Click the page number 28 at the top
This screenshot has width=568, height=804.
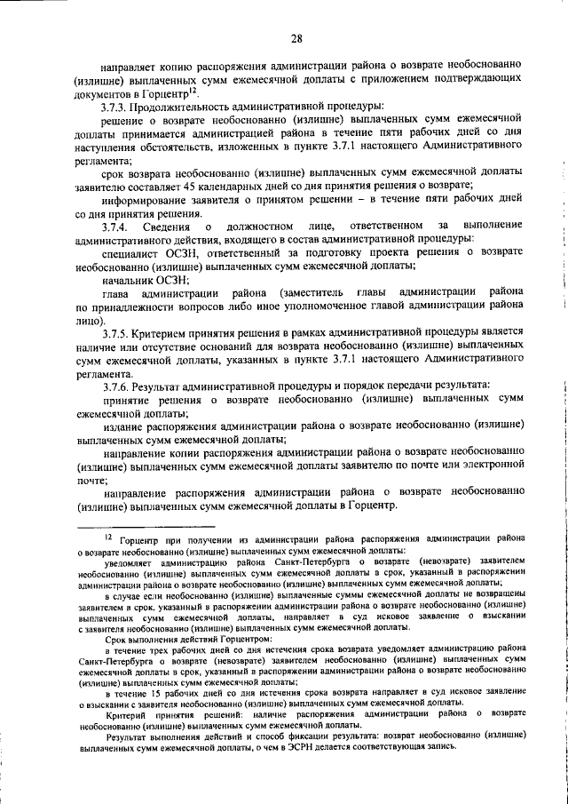(296, 37)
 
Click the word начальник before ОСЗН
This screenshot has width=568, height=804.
(129, 279)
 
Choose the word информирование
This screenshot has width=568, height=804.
(154, 199)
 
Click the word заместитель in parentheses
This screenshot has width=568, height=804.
(314, 292)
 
